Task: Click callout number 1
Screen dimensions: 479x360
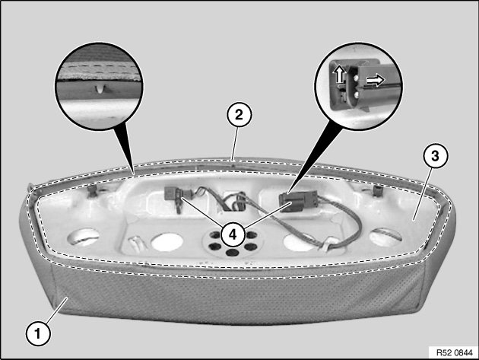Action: pos(38,333)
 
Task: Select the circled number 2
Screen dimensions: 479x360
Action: pos(239,115)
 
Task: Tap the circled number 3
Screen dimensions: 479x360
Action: pos(435,156)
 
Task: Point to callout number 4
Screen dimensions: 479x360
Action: pos(233,235)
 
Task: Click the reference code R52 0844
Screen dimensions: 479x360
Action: pos(454,352)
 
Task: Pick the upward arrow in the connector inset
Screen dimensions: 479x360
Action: pos(339,74)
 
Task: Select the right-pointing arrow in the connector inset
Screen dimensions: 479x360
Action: pos(376,80)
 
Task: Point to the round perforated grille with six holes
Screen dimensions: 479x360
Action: pos(233,244)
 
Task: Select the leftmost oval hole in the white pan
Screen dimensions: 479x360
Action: pos(84,237)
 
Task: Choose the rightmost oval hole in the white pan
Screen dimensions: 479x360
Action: pos(385,237)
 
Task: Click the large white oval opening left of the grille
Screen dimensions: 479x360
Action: pos(167,242)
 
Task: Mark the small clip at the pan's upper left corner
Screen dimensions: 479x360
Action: pos(92,192)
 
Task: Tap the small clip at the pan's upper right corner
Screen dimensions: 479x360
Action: pos(378,190)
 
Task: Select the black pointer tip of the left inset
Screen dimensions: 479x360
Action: pos(134,173)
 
